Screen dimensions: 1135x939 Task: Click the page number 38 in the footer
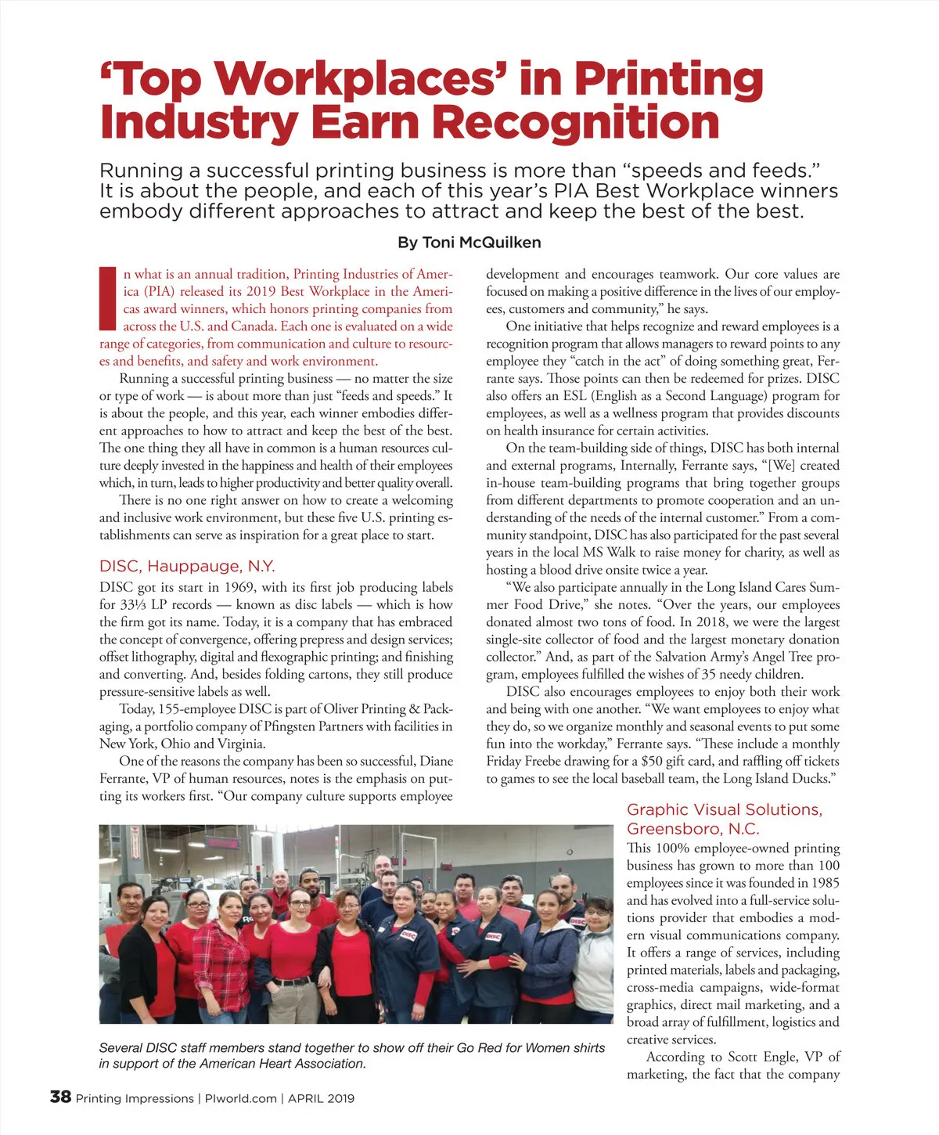point(60,1097)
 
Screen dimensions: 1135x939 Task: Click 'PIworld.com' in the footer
point(240,1098)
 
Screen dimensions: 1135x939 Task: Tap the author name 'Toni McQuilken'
point(481,242)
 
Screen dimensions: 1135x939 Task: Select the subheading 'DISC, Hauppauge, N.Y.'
point(187,566)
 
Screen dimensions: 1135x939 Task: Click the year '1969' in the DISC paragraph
point(239,587)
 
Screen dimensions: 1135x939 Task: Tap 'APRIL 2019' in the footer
point(321,1098)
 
